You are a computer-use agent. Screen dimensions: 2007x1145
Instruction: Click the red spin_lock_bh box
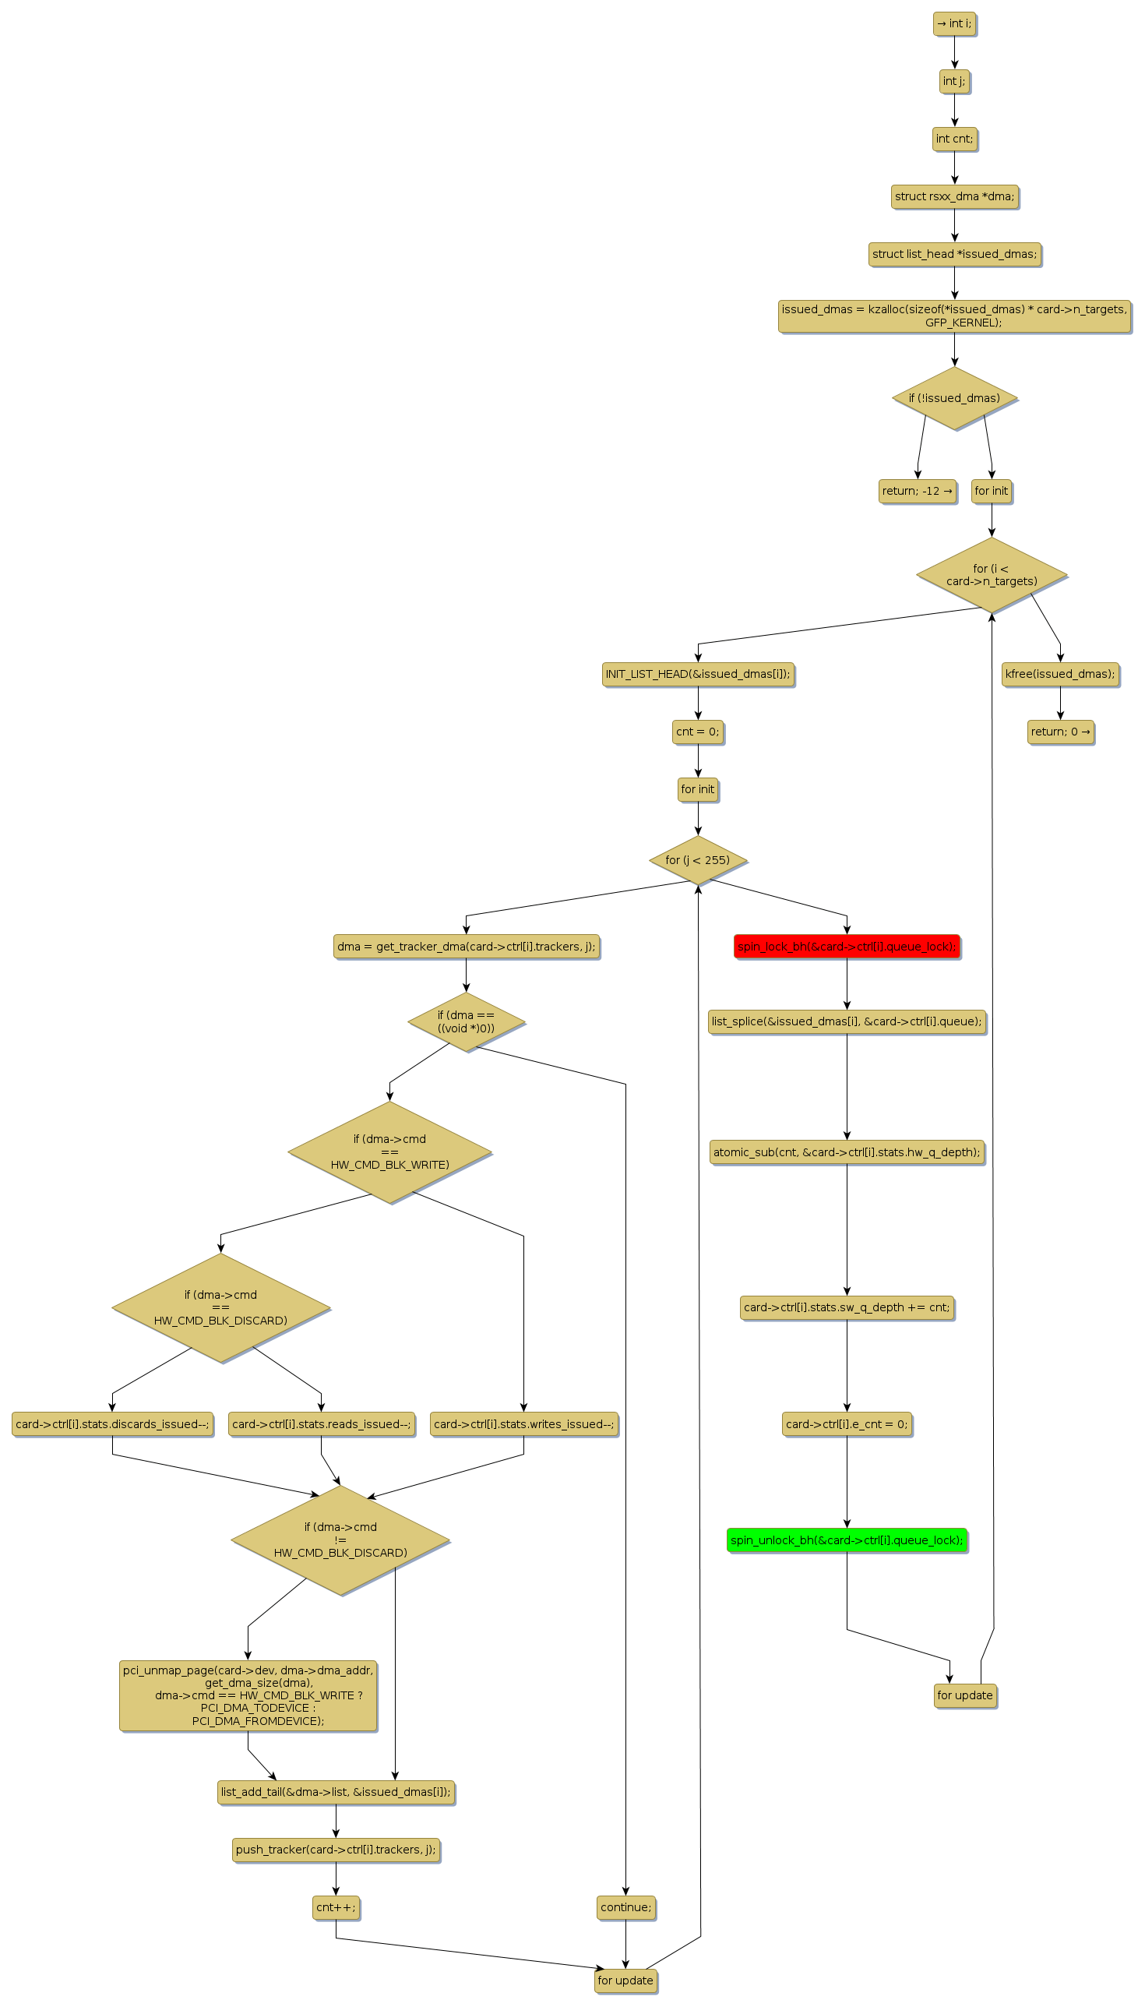846,946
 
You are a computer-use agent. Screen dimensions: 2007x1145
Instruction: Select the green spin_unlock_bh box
846,1540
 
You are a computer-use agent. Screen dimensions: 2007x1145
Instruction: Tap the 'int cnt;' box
954,139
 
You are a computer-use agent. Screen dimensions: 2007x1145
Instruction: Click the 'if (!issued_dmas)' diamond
954,398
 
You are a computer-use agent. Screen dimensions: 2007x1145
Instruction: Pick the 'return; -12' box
917,491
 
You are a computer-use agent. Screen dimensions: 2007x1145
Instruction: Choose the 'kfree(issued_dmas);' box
1059,674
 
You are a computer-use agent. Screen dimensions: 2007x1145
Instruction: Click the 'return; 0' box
1060,732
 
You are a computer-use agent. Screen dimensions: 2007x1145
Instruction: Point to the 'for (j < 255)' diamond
698,859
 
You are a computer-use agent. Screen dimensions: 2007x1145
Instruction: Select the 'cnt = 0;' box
698,732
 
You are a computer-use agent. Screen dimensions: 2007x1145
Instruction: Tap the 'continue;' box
625,1907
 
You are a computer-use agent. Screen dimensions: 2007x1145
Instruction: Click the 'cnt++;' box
336,1907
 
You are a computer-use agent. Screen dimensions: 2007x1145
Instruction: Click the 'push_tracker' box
336,1850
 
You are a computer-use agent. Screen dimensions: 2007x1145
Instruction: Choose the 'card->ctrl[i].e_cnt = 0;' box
846,1423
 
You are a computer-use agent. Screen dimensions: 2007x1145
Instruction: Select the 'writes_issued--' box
523,1423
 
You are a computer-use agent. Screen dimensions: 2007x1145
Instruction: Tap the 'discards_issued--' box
112,1423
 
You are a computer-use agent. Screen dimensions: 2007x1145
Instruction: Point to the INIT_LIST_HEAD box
698,674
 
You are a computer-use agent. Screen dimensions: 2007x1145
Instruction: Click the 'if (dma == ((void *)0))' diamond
466,1021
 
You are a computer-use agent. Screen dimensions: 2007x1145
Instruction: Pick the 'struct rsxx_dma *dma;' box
954,196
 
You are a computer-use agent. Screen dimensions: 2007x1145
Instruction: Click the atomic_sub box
846,1152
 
